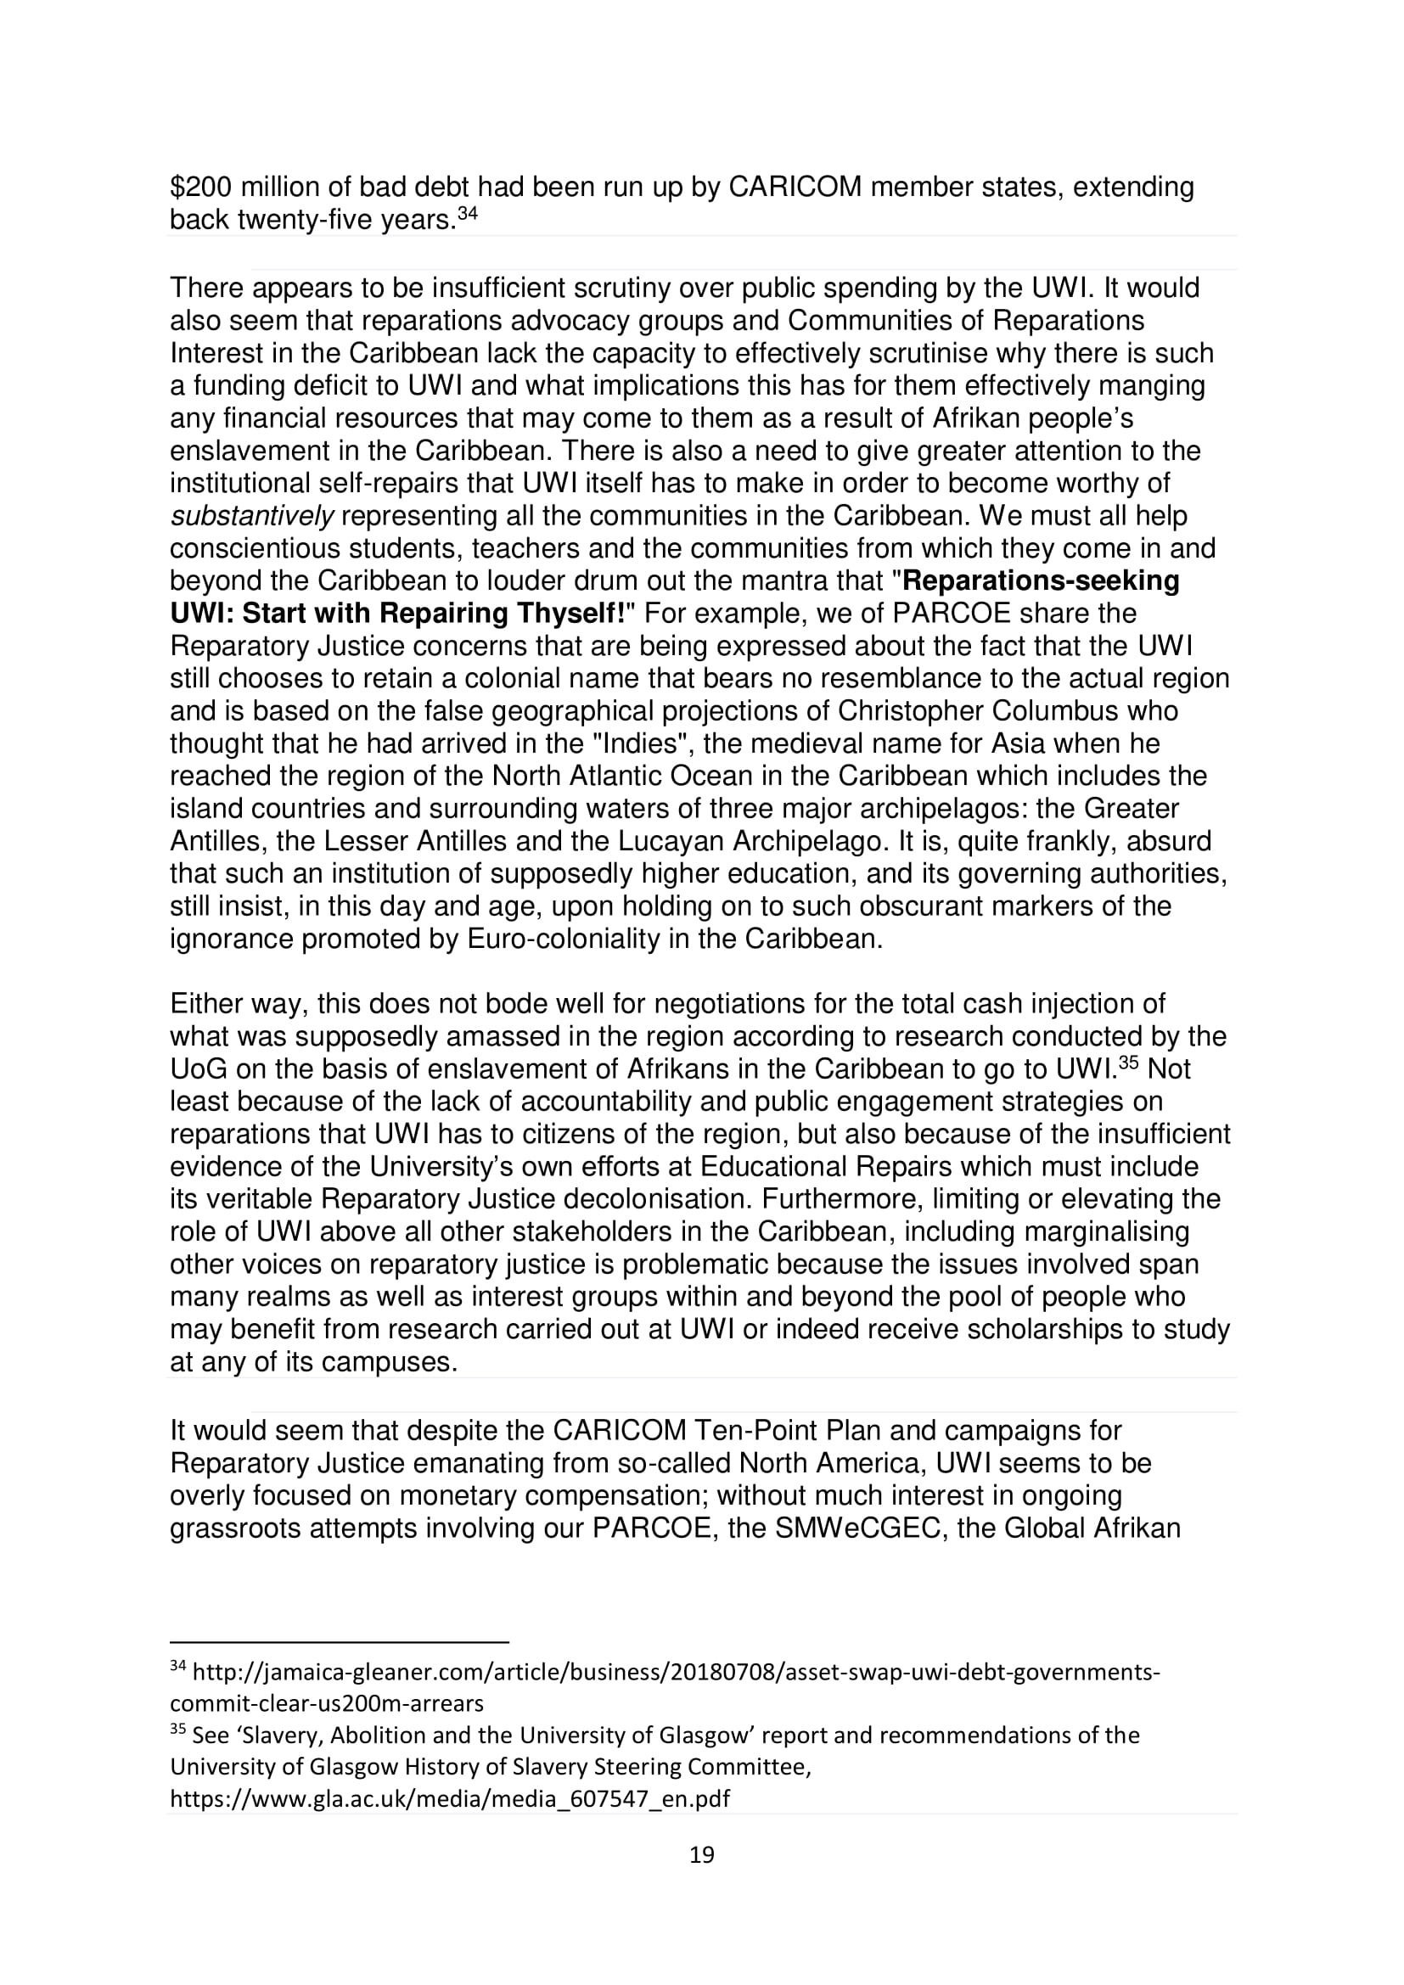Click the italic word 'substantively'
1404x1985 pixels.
pos(251,516)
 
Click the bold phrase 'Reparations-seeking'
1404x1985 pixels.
pos(1040,581)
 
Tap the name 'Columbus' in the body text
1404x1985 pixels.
pos(1084,711)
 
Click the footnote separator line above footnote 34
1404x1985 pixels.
pos(339,1641)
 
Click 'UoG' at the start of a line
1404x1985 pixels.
pos(198,1069)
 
